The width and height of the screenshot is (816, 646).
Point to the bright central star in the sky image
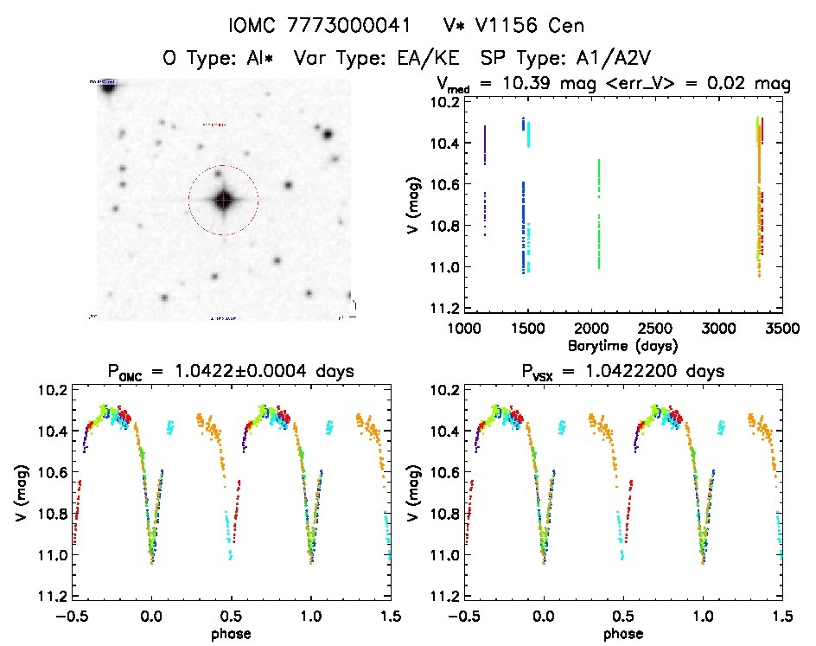point(223,200)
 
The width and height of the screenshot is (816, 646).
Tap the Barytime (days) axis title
point(622,345)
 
